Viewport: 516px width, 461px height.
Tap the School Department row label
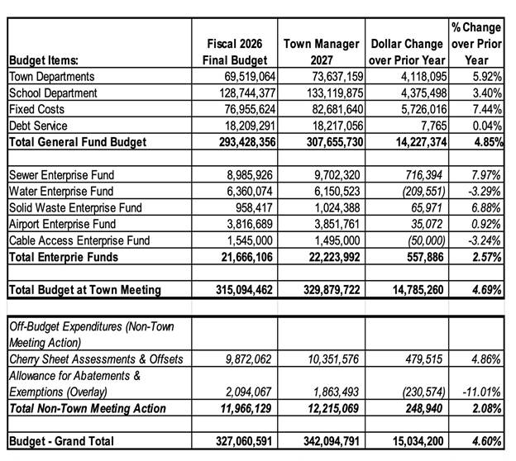(53, 93)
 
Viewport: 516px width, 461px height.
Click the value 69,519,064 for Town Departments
(241, 76)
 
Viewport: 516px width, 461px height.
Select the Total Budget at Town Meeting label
(84, 289)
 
